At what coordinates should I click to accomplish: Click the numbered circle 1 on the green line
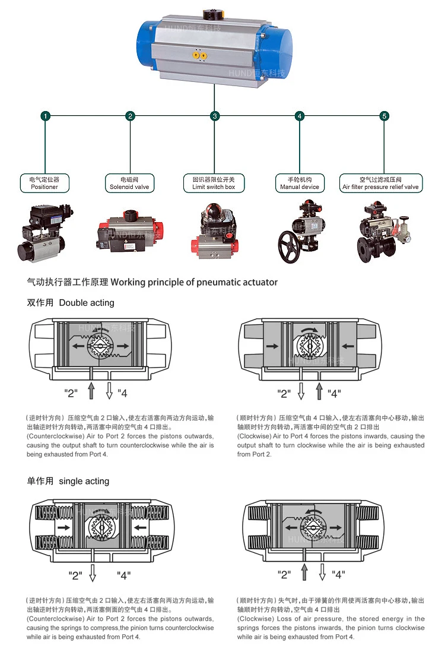click(46, 116)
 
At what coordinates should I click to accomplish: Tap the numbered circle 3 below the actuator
click(215, 116)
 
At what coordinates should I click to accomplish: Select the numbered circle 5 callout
click(384, 116)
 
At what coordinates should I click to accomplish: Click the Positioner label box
click(44, 184)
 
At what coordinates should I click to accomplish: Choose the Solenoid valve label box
click(129, 184)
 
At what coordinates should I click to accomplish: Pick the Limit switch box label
click(214, 184)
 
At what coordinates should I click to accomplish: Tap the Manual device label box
click(300, 184)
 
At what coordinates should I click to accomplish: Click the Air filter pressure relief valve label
click(381, 184)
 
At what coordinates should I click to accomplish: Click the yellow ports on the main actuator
click(199, 55)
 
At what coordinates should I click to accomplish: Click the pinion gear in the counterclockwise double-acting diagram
click(99, 346)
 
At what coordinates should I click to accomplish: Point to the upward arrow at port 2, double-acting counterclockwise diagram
click(91, 390)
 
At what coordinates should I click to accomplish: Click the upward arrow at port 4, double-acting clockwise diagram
click(319, 390)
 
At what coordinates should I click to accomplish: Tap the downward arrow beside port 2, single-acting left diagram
click(93, 572)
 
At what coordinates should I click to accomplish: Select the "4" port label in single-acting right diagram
click(338, 574)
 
